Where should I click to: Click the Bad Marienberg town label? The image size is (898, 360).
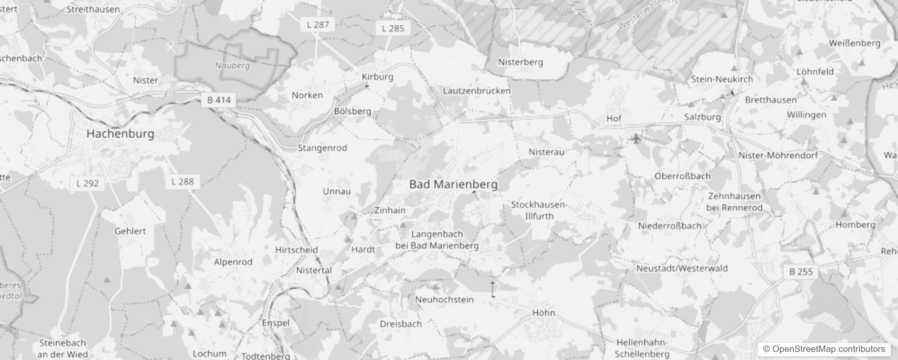point(453,184)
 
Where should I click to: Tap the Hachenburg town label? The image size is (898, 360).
point(120,134)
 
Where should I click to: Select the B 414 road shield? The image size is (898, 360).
point(219,100)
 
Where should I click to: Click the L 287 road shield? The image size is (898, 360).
point(318,25)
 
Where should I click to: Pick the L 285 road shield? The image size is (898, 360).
point(393,28)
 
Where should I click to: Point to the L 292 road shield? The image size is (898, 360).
point(87,183)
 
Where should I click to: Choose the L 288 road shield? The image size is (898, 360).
point(182,182)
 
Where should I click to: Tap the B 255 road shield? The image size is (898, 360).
point(801,272)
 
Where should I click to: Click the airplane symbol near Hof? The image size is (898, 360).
point(636,139)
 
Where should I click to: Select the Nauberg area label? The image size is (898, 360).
point(232,66)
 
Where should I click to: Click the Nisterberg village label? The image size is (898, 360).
point(520,62)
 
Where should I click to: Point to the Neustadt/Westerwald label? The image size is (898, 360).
point(682,268)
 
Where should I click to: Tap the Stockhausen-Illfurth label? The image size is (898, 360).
point(539,210)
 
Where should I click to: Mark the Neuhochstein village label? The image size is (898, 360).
point(444,300)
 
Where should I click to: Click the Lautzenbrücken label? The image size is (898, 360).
point(476,91)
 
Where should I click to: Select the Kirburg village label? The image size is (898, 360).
point(377,76)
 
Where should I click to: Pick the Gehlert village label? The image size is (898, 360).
point(130,231)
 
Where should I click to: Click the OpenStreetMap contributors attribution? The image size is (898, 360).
point(824,349)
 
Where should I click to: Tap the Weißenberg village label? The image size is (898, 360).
point(854,43)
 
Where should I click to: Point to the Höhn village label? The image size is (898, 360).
point(543,313)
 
